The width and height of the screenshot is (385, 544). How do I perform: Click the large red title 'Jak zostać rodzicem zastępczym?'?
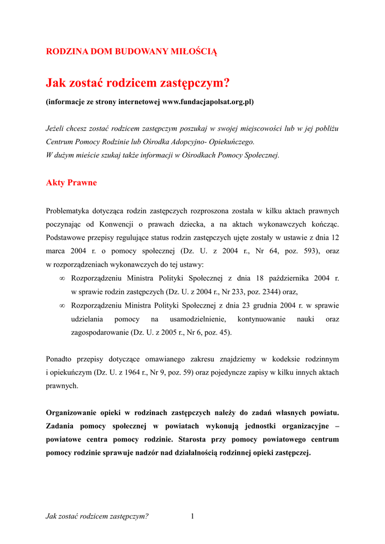[x=138, y=83]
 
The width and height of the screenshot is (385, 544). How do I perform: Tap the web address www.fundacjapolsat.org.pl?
[x=207, y=101]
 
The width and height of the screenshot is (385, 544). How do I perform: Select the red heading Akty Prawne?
[x=71, y=183]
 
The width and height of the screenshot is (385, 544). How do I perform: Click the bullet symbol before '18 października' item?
[x=62, y=278]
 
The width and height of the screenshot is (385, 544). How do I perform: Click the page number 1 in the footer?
[x=192, y=516]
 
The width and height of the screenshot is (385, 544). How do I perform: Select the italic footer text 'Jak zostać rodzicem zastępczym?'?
[x=97, y=516]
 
